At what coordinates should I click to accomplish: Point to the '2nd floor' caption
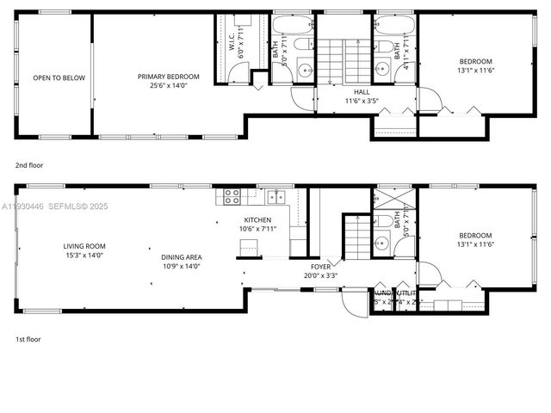point(28,164)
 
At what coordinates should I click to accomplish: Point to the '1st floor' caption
point(28,339)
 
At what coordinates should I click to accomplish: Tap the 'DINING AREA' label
point(181,257)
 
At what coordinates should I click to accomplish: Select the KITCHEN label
point(257,220)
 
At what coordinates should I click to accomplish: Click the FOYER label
point(318,267)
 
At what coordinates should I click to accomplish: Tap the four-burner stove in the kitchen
point(232,195)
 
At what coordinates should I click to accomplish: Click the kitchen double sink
point(275,195)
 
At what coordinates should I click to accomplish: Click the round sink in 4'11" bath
point(381,70)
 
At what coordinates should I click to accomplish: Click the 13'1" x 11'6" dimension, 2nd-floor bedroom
point(475,70)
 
